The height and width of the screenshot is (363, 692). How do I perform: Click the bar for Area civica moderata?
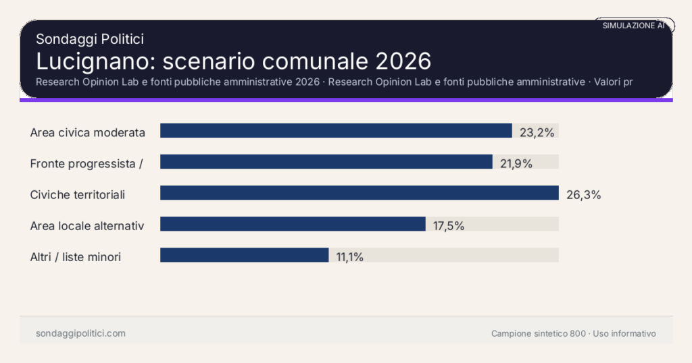click(x=336, y=131)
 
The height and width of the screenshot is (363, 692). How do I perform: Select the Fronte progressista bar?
click(x=326, y=162)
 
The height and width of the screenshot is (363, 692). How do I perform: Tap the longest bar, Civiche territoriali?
click(x=359, y=193)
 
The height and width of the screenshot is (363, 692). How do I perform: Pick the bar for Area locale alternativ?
click(x=293, y=224)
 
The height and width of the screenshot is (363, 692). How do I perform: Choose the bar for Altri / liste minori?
click(x=244, y=255)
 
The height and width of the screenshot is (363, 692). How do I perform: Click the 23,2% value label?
click(x=537, y=132)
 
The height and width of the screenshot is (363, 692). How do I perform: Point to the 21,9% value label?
click(x=516, y=163)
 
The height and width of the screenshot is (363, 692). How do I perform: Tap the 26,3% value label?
click(x=583, y=195)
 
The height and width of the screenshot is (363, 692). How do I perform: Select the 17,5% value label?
click(x=449, y=226)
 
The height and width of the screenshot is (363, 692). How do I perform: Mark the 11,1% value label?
click(x=349, y=256)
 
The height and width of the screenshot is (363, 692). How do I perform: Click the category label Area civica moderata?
click(x=88, y=132)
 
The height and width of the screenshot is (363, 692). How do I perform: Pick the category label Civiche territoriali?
click(x=78, y=195)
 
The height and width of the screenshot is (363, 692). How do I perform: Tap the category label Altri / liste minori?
click(x=76, y=257)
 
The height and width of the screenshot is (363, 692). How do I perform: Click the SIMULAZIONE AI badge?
click(x=633, y=26)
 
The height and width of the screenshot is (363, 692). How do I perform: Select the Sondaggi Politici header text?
click(x=89, y=40)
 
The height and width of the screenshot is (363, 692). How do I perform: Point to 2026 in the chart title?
click(x=403, y=61)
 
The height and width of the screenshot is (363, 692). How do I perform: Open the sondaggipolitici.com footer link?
click(x=80, y=333)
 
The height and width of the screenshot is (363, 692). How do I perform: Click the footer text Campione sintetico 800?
click(x=539, y=333)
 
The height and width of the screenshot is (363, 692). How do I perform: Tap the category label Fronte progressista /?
click(x=86, y=163)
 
